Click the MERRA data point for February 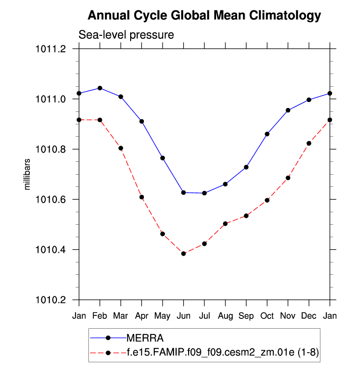(100, 88)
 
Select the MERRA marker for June (184, 192)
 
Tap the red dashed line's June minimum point (184, 254)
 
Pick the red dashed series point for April (142, 197)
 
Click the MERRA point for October (267, 134)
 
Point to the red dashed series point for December (309, 143)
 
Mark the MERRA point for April (142, 121)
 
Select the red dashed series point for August (225, 224)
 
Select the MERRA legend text (145, 338)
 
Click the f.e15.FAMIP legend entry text (224, 351)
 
